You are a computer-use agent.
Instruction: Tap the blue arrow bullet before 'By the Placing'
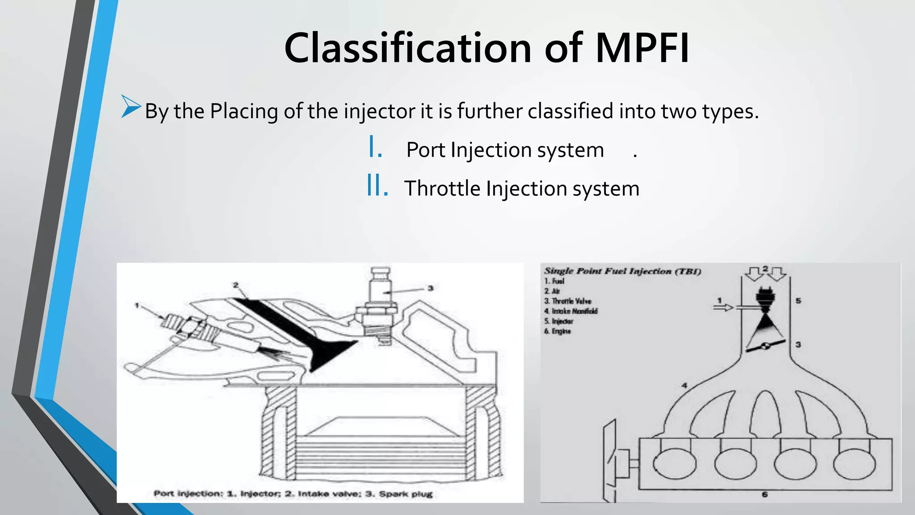pyautogui.click(x=130, y=107)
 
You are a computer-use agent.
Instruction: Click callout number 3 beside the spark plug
pyautogui.click(x=430, y=288)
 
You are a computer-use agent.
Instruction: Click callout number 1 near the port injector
pyautogui.click(x=137, y=305)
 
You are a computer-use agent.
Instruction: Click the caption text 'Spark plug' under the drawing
pyautogui.click(x=405, y=494)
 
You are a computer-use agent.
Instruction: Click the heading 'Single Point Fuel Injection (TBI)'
pyautogui.click(x=622, y=271)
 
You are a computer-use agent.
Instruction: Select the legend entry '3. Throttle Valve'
pyautogui.click(x=567, y=301)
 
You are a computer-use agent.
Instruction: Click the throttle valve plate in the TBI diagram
pyautogui.click(x=765, y=346)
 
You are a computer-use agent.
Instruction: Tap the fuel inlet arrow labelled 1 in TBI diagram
pyautogui.click(x=723, y=307)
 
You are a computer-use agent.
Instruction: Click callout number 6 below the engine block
pyautogui.click(x=764, y=494)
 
